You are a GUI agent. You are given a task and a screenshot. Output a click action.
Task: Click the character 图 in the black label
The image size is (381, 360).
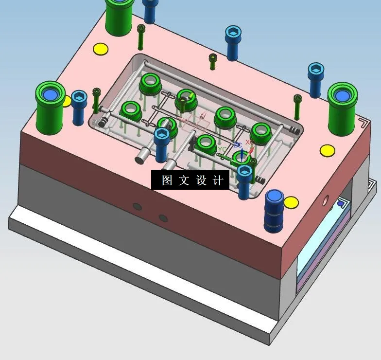click(x=167, y=180)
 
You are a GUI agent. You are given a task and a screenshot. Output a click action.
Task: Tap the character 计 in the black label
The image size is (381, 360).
click(x=218, y=180)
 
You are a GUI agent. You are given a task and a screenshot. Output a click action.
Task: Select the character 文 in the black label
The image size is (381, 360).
click(x=184, y=180)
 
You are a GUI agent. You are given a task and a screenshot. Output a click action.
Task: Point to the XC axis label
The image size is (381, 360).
click(x=248, y=142)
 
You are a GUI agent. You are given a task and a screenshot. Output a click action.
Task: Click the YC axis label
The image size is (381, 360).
click(x=222, y=149)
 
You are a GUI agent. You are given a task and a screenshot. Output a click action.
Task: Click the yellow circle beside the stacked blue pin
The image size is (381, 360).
click(x=291, y=202)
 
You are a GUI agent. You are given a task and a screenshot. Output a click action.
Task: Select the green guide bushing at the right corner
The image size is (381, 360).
click(x=342, y=108)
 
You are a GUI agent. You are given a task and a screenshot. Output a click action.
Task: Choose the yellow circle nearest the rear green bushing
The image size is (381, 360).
click(x=100, y=49)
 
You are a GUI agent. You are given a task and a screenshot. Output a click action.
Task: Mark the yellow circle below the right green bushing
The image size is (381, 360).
click(x=327, y=150)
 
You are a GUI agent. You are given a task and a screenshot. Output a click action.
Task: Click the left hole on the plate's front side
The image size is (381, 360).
click(x=138, y=207)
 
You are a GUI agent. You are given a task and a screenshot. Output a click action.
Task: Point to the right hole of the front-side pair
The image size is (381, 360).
click(x=163, y=218)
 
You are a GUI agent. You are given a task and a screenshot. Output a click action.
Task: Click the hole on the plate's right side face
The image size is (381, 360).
click(x=325, y=199)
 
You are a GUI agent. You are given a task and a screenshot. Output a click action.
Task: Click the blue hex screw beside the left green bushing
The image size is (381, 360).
click(x=79, y=107)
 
